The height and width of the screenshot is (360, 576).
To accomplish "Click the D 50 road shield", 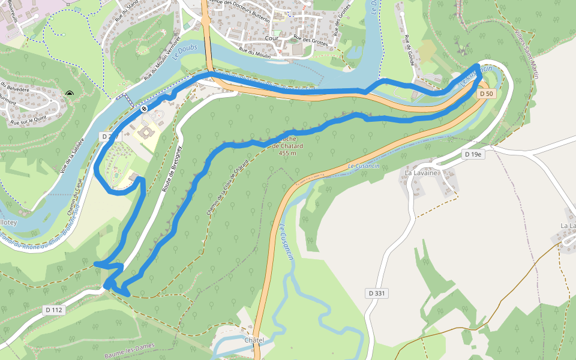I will [487, 94].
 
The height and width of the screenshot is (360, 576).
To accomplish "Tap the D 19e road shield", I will [473, 154].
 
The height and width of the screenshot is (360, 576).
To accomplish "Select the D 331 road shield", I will [375, 293].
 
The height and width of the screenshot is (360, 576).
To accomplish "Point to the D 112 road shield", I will [53, 310].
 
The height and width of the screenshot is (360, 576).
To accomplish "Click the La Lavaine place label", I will [421, 173].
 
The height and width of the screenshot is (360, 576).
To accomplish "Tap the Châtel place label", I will [254, 340].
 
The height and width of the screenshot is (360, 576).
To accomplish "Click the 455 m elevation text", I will [287, 153].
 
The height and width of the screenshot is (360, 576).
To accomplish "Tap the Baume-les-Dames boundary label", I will [130, 354].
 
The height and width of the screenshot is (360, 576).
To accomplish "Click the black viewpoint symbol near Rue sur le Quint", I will [70, 93].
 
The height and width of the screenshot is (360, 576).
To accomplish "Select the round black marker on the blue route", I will [144, 109].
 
